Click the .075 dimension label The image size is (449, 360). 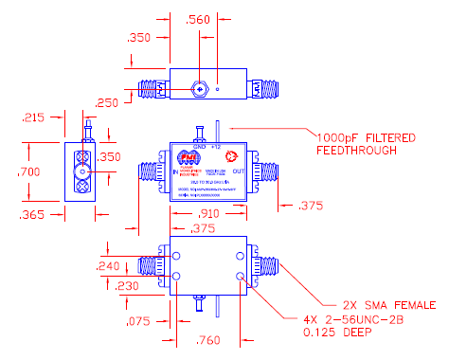coord(138,320)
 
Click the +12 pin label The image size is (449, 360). coord(215,147)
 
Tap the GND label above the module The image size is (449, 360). coord(198,147)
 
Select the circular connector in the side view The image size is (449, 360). coord(83,173)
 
